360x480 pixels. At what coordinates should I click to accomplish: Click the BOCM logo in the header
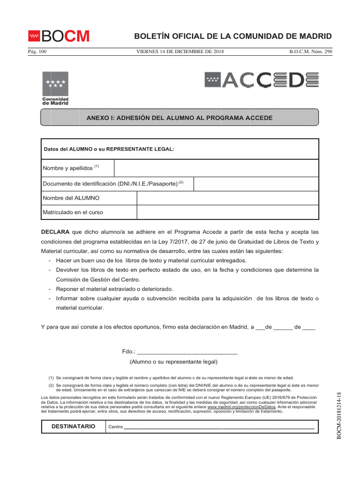[59, 36]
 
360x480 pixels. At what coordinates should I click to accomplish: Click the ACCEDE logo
[262, 80]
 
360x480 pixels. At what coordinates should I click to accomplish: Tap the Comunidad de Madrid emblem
[55, 88]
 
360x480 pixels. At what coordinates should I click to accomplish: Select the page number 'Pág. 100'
[37, 52]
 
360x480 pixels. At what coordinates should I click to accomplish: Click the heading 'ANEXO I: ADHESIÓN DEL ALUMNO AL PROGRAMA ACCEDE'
[180, 117]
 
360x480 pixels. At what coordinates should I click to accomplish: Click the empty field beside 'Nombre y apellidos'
[216, 168]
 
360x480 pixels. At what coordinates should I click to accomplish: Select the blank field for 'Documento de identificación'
[256, 184]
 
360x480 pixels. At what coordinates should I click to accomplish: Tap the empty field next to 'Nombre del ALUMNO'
[227, 198]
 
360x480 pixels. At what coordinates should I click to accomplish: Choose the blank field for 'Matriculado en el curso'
[227, 212]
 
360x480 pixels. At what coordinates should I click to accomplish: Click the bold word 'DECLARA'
[55, 232]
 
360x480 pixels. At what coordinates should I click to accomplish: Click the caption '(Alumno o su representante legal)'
[173, 362]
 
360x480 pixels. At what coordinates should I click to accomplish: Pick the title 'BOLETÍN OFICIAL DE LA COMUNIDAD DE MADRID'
[233, 37]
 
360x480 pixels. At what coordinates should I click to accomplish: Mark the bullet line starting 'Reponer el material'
[114, 289]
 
